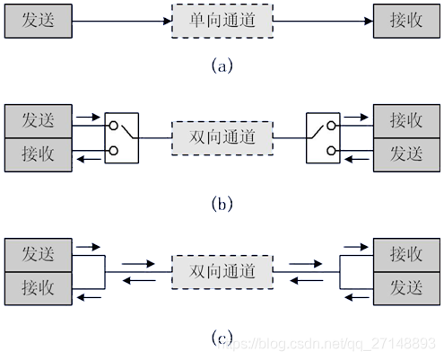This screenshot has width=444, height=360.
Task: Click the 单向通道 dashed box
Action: click(222, 21)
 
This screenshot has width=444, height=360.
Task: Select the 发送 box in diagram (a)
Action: click(39, 21)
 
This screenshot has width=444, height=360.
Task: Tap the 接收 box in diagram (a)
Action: click(406, 21)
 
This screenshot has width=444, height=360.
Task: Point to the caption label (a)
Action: click(222, 66)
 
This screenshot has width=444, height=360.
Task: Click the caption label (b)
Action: click(222, 205)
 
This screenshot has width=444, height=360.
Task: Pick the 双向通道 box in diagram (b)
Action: click(222, 138)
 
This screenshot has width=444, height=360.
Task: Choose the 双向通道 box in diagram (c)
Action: click(222, 272)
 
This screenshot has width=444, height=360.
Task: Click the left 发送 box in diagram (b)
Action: click(39, 121)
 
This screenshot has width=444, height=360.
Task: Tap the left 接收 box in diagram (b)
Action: click(39, 154)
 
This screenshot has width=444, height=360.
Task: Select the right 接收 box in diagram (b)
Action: click(406, 121)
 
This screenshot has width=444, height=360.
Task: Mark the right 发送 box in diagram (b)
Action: click(406, 154)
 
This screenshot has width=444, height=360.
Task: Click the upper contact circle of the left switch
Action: click(113, 126)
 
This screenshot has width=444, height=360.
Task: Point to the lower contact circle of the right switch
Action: click(331, 151)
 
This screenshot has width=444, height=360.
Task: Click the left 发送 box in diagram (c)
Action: click(39, 255)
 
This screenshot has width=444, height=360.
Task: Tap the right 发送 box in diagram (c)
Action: click(406, 288)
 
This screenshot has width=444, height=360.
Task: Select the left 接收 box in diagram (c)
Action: click(39, 288)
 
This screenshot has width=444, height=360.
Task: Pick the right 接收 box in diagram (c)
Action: click(406, 255)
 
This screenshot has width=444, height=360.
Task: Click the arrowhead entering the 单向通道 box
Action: click(168, 22)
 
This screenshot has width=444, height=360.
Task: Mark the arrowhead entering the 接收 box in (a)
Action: click(369, 22)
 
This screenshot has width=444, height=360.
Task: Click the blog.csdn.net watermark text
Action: click(326, 344)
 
